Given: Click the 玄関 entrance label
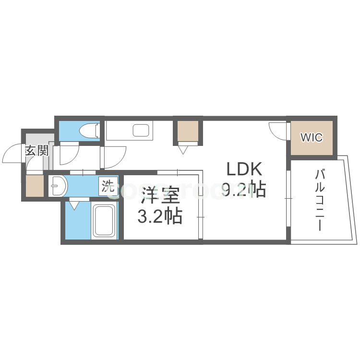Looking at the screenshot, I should click(x=36, y=151).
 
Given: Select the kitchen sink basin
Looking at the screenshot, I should click(x=141, y=130).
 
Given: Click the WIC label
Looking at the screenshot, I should click(x=312, y=137).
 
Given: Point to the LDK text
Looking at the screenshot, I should click(x=244, y=170).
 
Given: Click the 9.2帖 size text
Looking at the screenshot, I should click(x=244, y=190).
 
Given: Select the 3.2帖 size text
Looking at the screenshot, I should click(x=159, y=217).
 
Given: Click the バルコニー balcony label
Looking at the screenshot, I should click(x=320, y=200).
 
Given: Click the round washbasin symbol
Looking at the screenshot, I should click(x=58, y=185).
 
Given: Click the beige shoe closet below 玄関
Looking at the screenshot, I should click(x=35, y=186).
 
